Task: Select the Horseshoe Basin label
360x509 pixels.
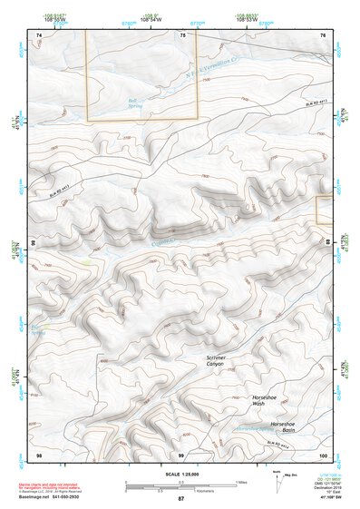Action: tap(282, 427)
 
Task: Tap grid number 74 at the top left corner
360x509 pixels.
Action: tap(38, 34)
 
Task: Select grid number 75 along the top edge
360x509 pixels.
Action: tap(182, 34)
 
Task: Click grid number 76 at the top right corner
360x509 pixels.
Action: tap(323, 34)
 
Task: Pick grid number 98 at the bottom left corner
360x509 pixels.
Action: tap(38, 454)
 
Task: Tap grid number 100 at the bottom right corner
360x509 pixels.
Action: tap(323, 454)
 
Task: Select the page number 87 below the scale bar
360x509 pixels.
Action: tap(180, 499)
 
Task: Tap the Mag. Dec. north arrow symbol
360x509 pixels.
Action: tap(277, 478)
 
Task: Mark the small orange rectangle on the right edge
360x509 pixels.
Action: tap(324, 210)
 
